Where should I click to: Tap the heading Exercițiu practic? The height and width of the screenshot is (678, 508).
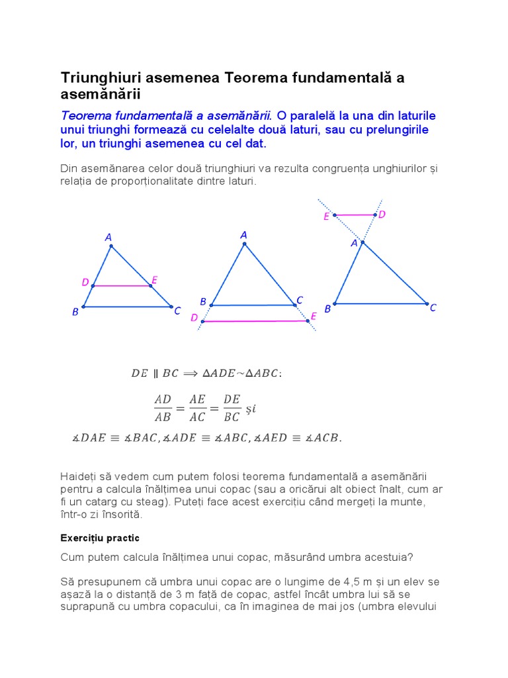100,537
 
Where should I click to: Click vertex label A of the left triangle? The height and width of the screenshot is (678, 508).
108,237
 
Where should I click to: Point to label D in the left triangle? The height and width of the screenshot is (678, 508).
85,283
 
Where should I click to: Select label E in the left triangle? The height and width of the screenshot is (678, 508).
154,281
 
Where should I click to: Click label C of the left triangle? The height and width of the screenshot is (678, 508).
177,310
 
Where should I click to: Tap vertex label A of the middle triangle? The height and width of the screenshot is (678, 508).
243,235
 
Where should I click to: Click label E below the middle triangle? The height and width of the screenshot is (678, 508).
314,316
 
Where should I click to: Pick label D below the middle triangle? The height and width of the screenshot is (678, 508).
194,318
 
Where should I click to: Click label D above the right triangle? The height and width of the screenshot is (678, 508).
382,215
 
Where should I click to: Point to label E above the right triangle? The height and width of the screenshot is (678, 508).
327,217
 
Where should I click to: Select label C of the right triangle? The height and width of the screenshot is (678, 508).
433,308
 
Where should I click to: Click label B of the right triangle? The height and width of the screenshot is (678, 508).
327,309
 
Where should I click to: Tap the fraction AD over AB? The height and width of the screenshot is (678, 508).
163,408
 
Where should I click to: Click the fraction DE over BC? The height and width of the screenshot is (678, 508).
232,408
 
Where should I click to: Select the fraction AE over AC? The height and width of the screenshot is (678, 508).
197,408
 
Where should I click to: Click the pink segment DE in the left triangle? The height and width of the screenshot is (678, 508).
122,286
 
